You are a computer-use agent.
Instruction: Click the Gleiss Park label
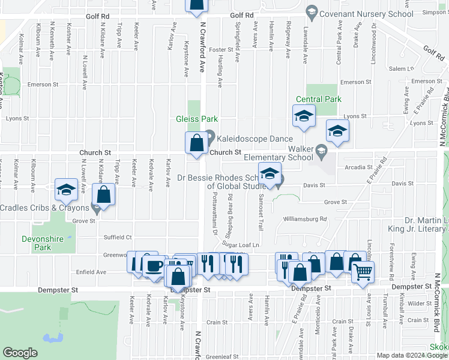(196, 119)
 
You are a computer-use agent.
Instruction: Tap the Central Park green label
(318, 100)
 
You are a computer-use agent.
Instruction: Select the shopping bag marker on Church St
(196, 143)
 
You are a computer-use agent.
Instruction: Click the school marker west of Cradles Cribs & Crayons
(65, 190)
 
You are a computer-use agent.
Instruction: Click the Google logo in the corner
(20, 353)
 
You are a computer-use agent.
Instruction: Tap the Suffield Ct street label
(117, 237)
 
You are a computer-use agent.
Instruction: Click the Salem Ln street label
(402, 69)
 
